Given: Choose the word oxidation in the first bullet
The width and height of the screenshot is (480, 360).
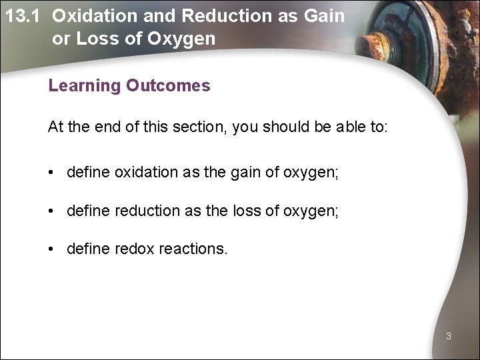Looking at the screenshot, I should click(x=145, y=173).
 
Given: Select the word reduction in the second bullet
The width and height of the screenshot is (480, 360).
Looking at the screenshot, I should click(x=146, y=212).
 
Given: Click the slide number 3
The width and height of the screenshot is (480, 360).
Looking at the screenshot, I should click(x=449, y=337).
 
